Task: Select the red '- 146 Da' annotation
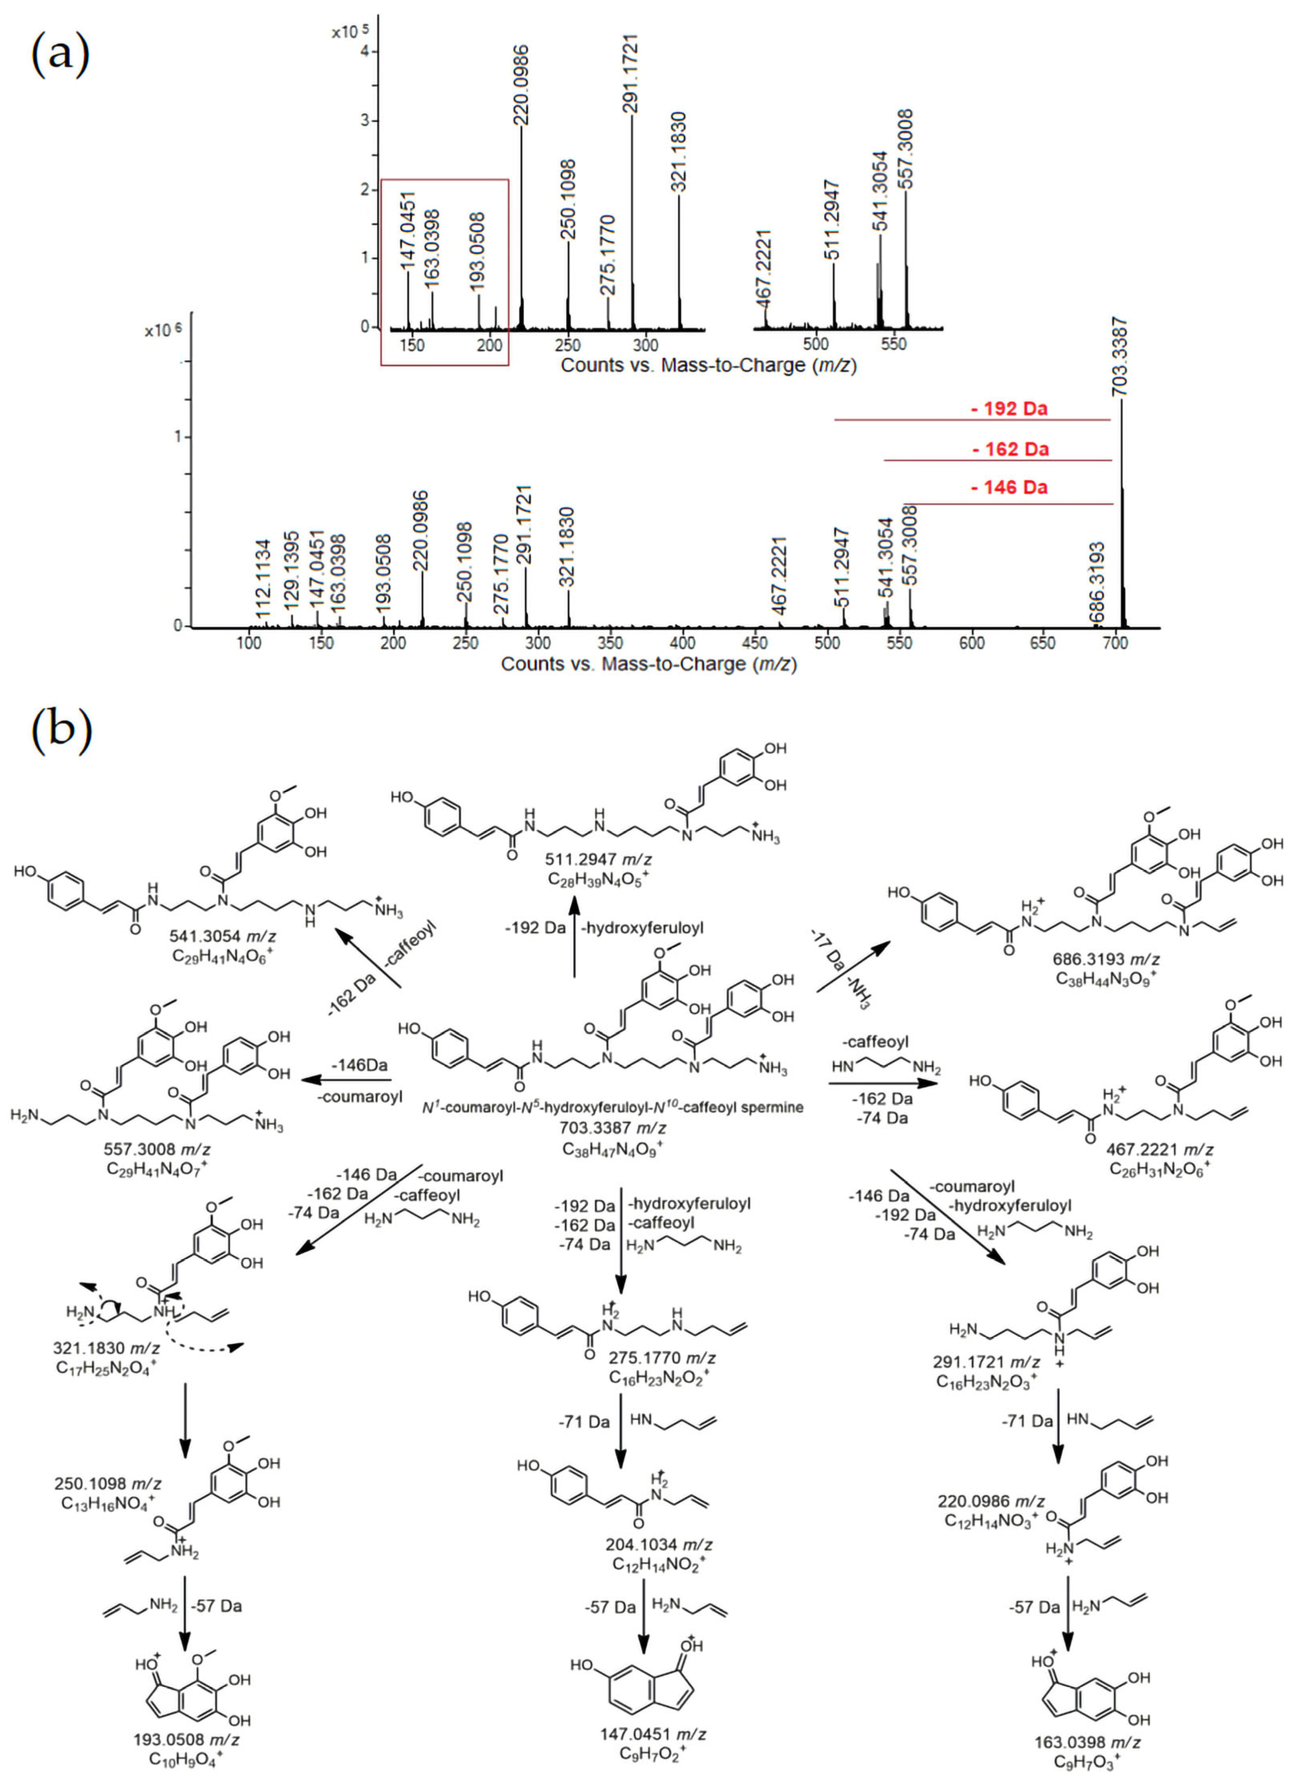1009,487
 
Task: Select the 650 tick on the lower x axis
1043,643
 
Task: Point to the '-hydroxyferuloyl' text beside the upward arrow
642,928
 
